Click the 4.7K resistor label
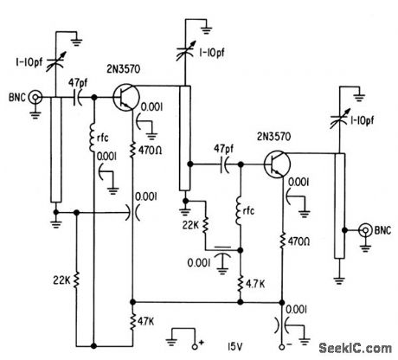tap(256, 282)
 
